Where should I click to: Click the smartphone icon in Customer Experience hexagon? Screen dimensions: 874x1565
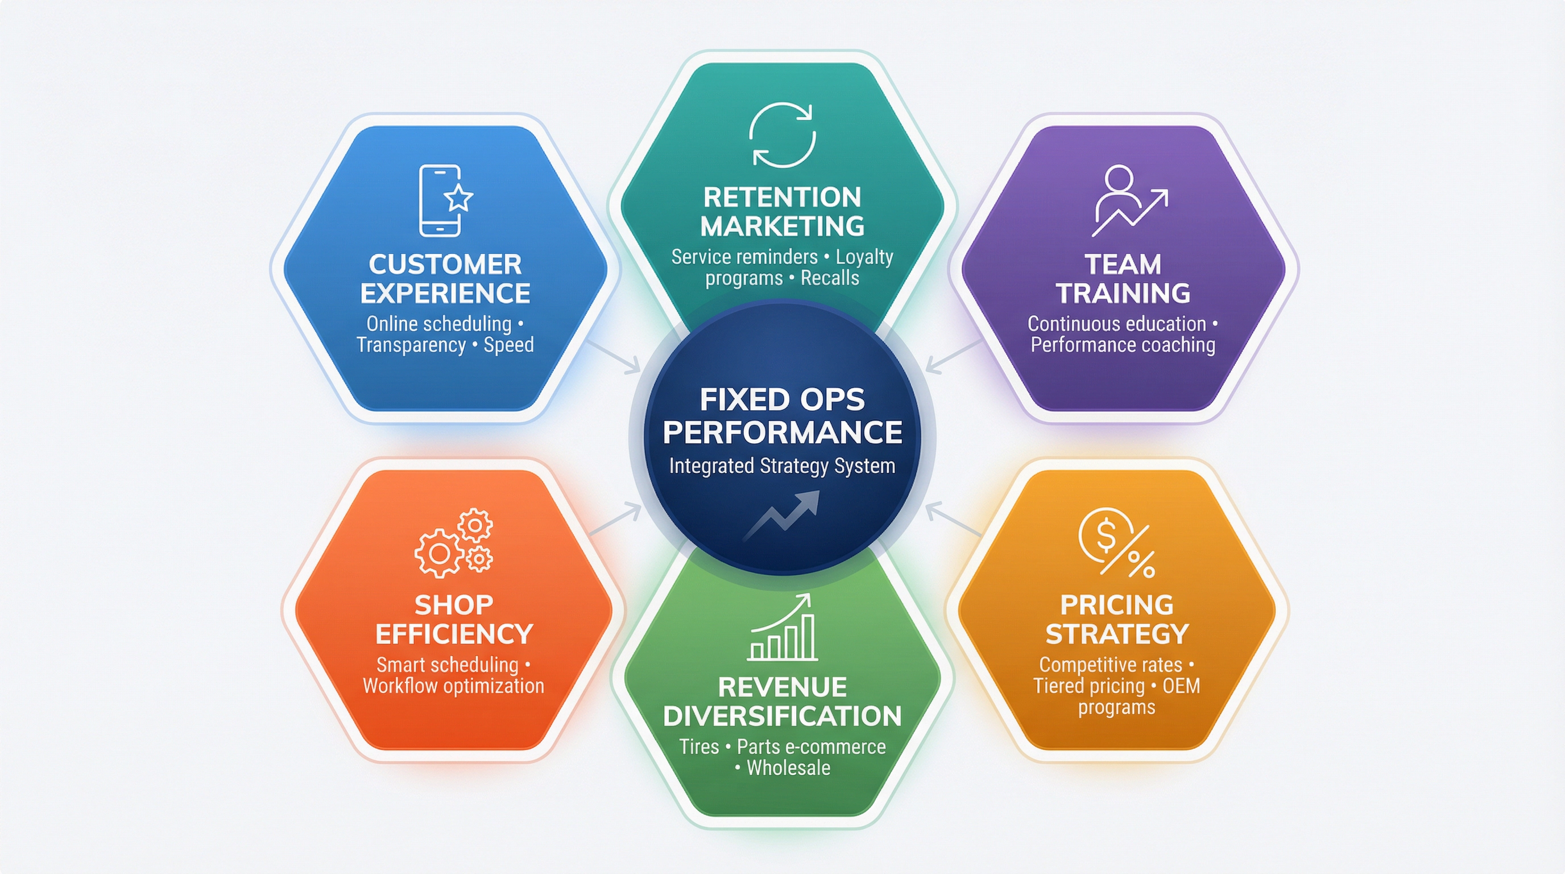[440, 200]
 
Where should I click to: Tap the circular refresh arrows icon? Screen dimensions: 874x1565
[782, 135]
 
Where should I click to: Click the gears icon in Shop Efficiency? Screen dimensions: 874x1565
[454, 543]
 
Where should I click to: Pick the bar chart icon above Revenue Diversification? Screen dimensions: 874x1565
[782, 628]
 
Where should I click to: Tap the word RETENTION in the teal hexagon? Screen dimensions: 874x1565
[782, 197]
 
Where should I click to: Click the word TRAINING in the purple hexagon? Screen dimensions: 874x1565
[1123, 294]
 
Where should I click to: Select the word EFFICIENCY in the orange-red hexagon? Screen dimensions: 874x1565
[454, 634]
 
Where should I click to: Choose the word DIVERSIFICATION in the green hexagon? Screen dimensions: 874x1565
[782, 716]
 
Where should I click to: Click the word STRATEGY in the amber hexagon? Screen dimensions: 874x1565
[1117, 634]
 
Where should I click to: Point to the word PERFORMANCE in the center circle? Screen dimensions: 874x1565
[782, 432]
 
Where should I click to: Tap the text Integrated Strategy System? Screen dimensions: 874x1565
[782, 466]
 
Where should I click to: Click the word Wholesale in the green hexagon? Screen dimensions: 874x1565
[788, 768]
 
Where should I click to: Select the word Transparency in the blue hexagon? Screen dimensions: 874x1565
[411, 345]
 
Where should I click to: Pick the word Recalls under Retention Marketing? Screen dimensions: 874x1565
[829, 278]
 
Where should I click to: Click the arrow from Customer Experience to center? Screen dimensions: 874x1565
[615, 357]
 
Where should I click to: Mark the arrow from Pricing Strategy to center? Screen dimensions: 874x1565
[952, 520]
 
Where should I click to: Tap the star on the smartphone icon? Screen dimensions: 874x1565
[459, 198]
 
